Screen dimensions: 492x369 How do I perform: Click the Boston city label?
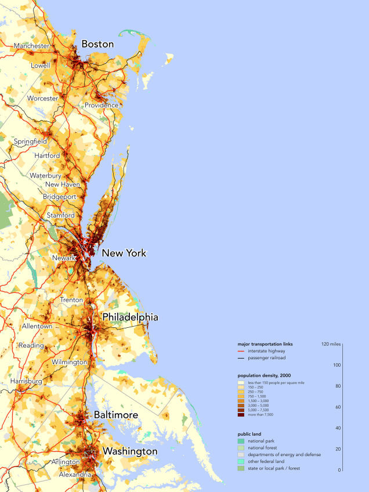click(x=97, y=44)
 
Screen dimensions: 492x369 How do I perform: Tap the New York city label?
click(x=124, y=254)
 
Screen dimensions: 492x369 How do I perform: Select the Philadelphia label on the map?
click(x=130, y=317)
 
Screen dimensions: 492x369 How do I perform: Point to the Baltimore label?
click(x=116, y=415)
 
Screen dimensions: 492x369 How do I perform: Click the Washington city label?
click(x=130, y=451)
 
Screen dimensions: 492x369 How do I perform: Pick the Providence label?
click(x=102, y=106)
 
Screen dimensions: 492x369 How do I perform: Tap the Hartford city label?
click(x=47, y=156)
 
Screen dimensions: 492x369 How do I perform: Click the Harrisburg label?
click(x=26, y=382)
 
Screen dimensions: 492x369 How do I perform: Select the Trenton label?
click(x=71, y=300)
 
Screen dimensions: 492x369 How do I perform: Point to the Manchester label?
click(x=31, y=46)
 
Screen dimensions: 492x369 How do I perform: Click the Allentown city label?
click(x=37, y=327)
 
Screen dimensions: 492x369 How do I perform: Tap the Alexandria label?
click(x=75, y=475)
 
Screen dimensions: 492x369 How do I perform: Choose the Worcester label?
click(x=42, y=99)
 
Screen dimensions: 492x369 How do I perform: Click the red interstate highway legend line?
click(x=241, y=351)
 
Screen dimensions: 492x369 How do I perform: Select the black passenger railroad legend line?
click(x=241, y=358)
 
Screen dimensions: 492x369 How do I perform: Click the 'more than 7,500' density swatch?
click(x=241, y=415)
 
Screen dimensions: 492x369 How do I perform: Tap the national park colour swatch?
click(x=241, y=442)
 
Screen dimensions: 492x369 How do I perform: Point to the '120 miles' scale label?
click(x=330, y=344)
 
